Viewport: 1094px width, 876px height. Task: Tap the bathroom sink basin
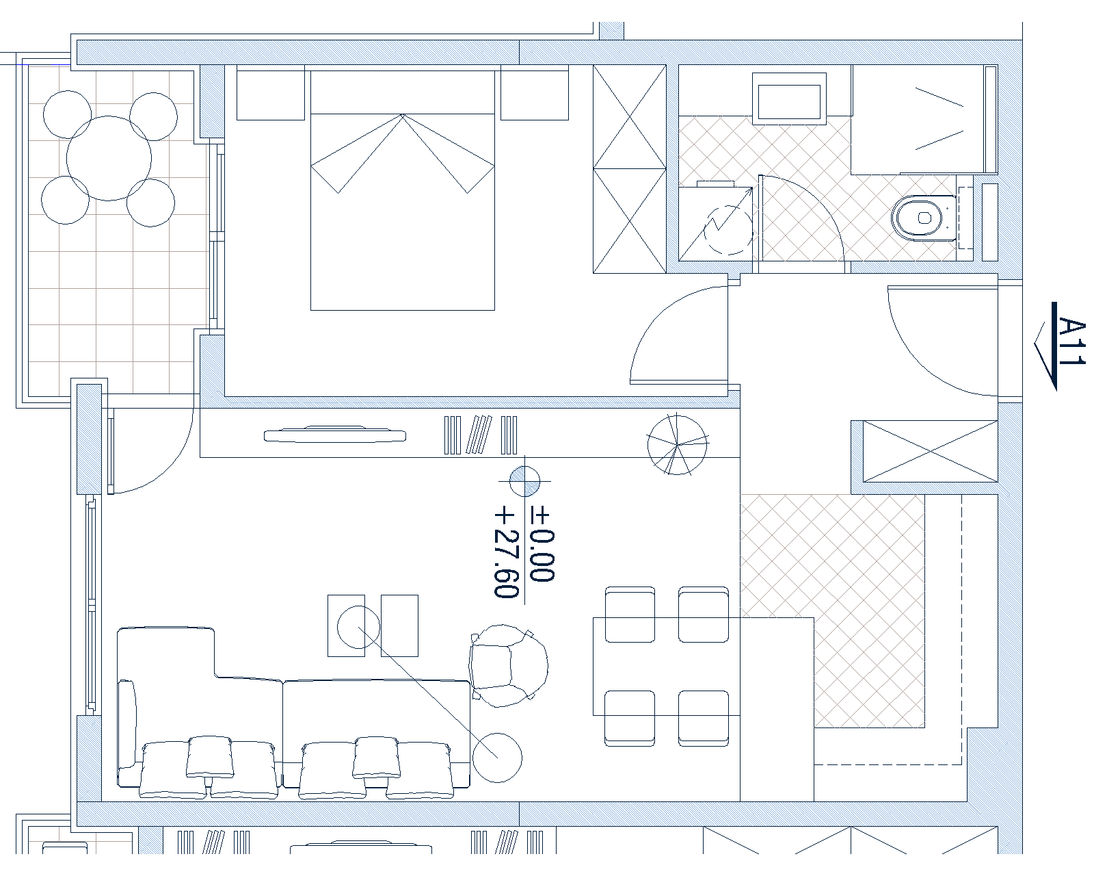click(790, 99)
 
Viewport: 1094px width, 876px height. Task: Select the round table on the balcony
click(109, 158)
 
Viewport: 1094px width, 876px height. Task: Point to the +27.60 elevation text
click(507, 554)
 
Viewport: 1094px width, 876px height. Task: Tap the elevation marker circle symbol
click(524, 481)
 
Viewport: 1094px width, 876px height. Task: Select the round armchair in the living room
click(509, 666)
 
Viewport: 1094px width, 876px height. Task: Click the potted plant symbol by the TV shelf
click(677, 445)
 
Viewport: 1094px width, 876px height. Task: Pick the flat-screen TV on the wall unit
click(335, 435)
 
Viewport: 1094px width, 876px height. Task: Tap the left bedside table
click(271, 92)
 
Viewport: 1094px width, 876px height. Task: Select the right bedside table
click(534, 92)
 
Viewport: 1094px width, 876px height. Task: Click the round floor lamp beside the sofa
click(497, 758)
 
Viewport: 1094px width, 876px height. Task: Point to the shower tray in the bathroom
click(924, 120)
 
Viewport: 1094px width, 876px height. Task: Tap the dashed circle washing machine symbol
click(728, 230)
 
